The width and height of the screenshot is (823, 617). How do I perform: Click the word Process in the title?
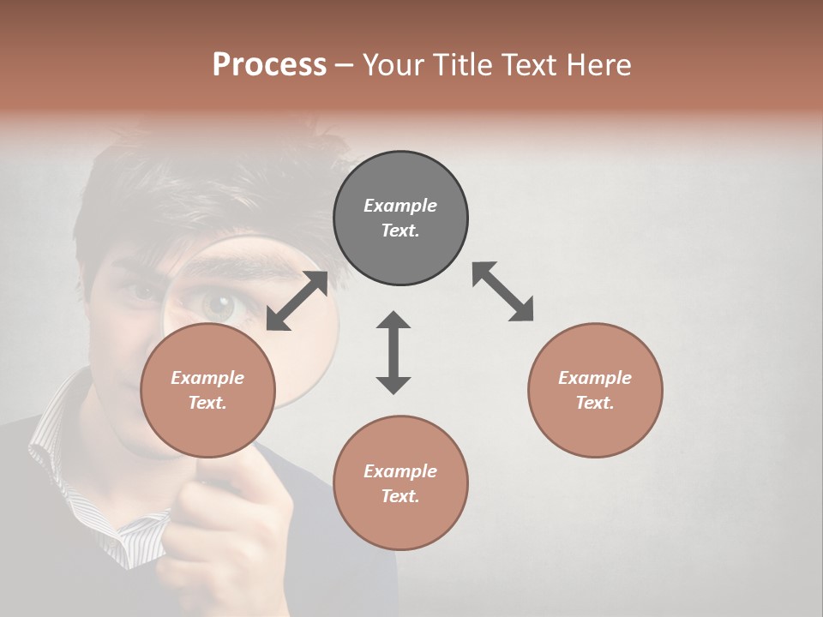[269, 65]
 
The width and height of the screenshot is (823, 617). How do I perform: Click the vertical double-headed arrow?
[393, 352]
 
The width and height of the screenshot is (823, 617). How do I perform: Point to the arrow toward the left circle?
[297, 301]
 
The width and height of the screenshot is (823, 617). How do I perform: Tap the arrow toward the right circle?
[503, 291]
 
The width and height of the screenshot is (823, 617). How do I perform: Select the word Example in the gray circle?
[400, 206]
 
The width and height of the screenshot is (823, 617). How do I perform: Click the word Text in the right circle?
[595, 403]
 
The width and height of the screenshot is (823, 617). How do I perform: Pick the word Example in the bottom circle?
[400, 471]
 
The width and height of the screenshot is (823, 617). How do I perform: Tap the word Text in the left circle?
[207, 403]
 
